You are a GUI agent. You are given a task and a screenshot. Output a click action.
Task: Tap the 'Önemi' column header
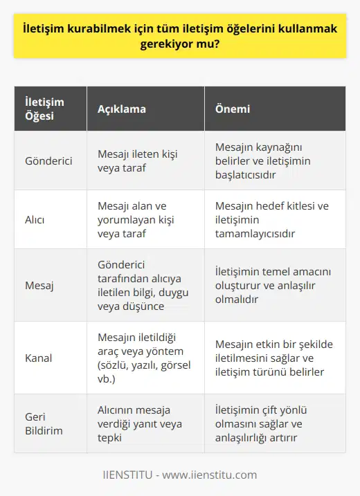(x=233, y=109)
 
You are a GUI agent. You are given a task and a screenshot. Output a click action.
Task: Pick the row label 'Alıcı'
(x=35, y=219)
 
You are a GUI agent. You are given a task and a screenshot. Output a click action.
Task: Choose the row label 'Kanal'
(x=39, y=359)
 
